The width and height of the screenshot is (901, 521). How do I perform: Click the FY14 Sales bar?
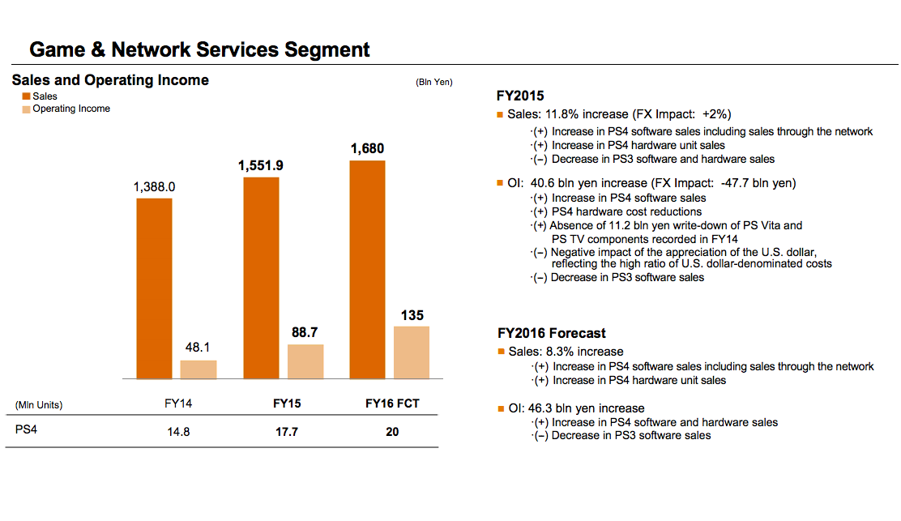pos(154,288)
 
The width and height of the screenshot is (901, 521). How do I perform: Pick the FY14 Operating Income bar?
pos(199,369)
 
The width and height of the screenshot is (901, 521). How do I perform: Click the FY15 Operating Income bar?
pos(305,361)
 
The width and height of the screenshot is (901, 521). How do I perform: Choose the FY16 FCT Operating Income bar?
pos(412,352)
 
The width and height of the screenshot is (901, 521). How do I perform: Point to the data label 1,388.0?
pos(154,187)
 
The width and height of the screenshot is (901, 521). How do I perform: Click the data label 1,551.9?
pos(261,165)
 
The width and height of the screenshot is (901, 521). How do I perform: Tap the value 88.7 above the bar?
pos(305,333)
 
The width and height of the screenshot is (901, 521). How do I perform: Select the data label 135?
pos(412,315)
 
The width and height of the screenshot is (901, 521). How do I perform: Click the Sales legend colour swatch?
pos(26,97)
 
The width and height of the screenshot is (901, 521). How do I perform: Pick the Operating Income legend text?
pos(71,109)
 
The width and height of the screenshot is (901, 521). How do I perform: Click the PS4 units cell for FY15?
pos(286,432)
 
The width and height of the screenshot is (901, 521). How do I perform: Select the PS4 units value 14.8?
pos(178,432)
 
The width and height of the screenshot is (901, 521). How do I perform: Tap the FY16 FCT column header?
pos(392,404)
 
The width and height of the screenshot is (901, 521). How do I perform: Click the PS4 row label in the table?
pos(26,430)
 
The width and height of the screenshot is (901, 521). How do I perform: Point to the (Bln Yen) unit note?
pos(433,82)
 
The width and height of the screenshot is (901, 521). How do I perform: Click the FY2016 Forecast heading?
pos(551,333)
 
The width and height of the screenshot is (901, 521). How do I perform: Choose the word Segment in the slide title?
pos(327,50)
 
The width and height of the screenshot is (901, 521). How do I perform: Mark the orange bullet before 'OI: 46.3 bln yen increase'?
pos(501,408)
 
